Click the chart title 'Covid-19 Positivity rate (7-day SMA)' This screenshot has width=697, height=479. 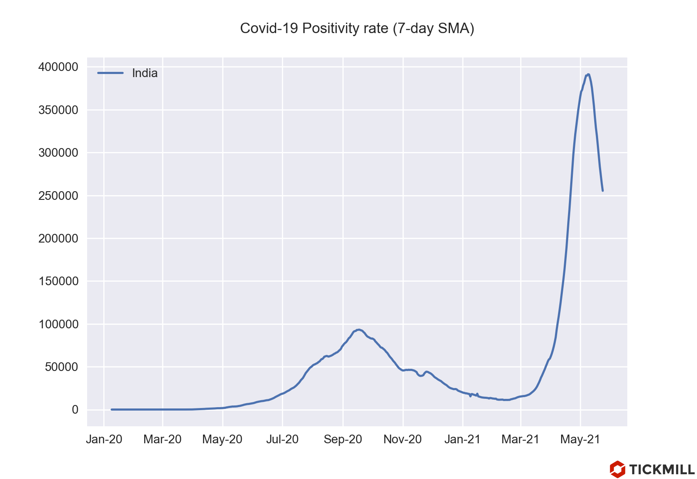(x=357, y=28)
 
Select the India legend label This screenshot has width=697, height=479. (x=145, y=73)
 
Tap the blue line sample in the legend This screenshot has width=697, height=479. (x=110, y=73)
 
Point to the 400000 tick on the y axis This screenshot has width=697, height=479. (x=58, y=67)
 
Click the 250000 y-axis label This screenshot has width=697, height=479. (x=58, y=196)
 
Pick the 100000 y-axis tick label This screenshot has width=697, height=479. (x=58, y=324)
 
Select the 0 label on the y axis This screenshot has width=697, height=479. (x=75, y=410)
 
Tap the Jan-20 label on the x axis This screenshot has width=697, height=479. (x=104, y=439)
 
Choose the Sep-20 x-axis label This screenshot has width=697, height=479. (x=343, y=439)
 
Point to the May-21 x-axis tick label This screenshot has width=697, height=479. (x=580, y=439)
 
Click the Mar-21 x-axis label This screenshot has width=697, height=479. (x=521, y=439)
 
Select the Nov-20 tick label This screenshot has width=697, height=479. (x=403, y=439)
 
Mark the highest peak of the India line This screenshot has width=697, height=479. (x=589, y=74)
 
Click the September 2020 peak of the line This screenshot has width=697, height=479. (x=359, y=330)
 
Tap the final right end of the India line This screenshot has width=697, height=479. (x=602, y=191)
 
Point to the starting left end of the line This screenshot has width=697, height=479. (x=112, y=409)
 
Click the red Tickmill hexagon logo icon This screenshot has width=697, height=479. (x=617, y=469)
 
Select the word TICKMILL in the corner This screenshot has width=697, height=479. (x=662, y=469)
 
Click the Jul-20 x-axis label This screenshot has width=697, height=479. (x=282, y=439)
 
